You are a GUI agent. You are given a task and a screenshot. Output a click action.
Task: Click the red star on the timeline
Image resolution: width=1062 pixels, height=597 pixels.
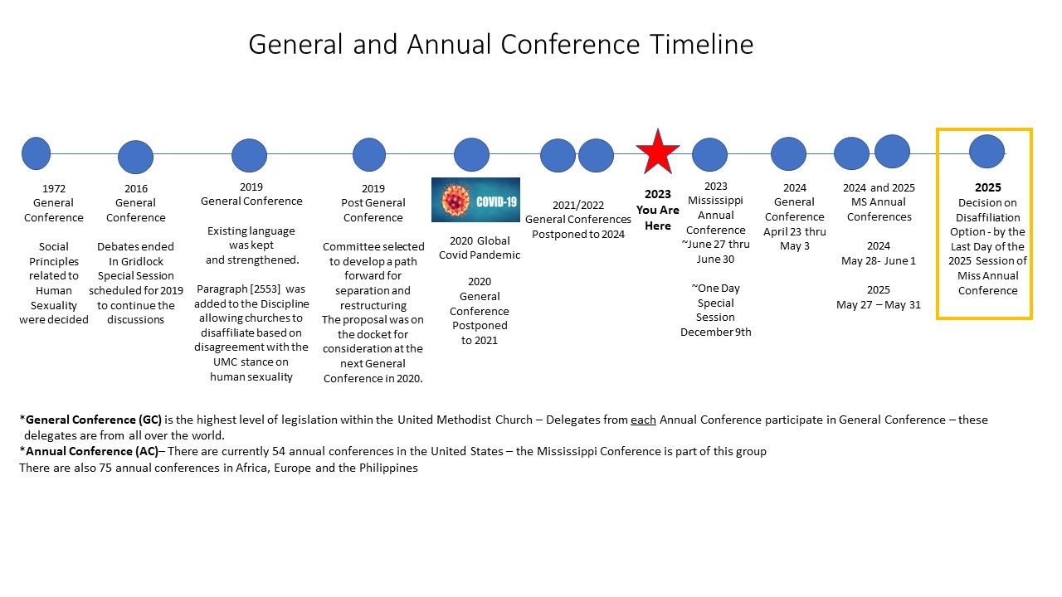tap(658, 153)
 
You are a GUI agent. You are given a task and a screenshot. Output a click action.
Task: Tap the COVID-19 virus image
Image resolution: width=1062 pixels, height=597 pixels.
tap(475, 200)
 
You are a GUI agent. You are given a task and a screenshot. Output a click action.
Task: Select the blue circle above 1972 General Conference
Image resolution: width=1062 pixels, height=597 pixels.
tap(36, 153)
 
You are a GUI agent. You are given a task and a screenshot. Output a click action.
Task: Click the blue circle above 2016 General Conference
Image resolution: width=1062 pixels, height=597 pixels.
tap(135, 157)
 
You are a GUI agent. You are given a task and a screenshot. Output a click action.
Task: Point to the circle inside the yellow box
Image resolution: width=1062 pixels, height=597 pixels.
tap(986, 152)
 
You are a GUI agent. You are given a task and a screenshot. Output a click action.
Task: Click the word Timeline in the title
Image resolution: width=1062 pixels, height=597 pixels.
tap(702, 45)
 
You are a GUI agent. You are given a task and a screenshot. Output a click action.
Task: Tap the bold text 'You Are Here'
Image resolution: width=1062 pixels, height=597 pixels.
tap(658, 218)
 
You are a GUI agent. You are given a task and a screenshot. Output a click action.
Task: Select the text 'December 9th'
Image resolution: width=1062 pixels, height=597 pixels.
tap(716, 332)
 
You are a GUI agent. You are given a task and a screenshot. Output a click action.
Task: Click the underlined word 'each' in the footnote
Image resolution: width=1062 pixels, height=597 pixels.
tap(643, 420)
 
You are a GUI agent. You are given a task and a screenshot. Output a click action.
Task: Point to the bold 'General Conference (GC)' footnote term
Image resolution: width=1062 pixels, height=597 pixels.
tap(94, 420)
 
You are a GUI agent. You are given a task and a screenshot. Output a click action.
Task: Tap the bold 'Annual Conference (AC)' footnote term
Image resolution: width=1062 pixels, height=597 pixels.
tap(92, 451)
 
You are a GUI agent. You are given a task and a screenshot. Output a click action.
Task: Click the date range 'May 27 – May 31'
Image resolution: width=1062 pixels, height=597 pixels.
tap(879, 304)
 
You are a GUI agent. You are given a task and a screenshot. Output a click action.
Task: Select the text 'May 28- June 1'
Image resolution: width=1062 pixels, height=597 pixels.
tap(879, 261)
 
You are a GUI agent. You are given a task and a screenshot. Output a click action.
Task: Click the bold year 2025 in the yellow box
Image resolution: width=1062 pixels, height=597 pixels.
tap(987, 187)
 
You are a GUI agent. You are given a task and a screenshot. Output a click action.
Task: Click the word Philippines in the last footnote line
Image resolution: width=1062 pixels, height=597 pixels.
tap(388, 468)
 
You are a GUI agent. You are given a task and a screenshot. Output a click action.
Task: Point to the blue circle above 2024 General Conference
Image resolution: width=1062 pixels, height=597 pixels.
tap(788, 154)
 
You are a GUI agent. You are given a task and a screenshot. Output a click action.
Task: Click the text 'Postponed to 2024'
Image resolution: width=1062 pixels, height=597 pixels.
tap(578, 235)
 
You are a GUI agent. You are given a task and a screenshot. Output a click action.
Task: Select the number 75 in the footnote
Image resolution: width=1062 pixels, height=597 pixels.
tap(105, 468)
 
